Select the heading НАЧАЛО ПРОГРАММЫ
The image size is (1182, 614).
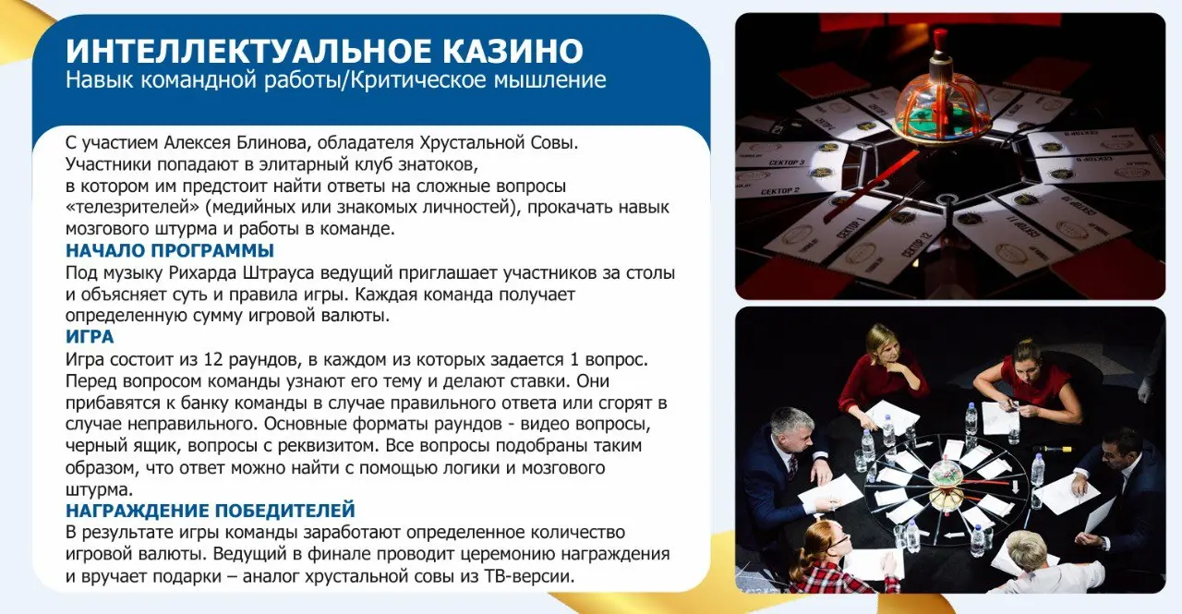click(x=170, y=250)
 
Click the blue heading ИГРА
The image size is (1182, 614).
click(x=90, y=337)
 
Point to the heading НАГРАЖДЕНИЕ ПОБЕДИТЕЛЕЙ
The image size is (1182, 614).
click(x=211, y=511)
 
